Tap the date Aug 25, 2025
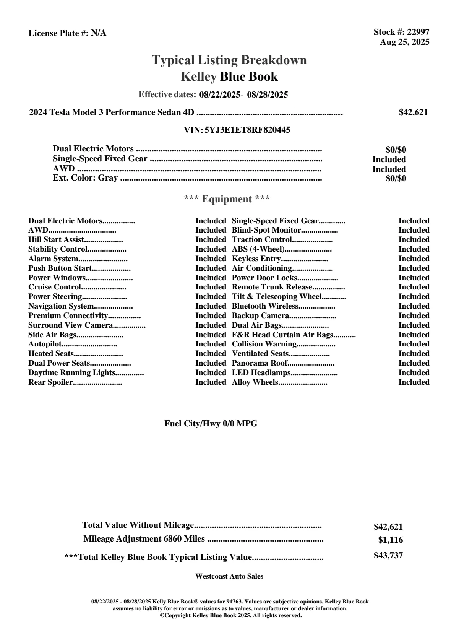[404, 42]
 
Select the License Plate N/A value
[99, 33]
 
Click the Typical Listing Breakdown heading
[229, 60]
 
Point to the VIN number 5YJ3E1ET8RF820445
[247, 130]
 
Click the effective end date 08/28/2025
[268, 94]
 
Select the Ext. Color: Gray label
[85, 178]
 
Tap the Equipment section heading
[227, 199]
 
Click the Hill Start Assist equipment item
[56, 240]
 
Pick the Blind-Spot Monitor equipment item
[267, 230]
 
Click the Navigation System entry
[61, 306]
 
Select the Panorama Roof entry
[260, 363]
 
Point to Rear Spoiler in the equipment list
[50, 382]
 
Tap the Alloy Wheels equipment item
[255, 382]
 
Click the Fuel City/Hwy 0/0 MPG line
[211, 424]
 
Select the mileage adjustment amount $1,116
[391, 540]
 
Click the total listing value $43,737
[388, 556]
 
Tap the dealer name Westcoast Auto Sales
[229, 576]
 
